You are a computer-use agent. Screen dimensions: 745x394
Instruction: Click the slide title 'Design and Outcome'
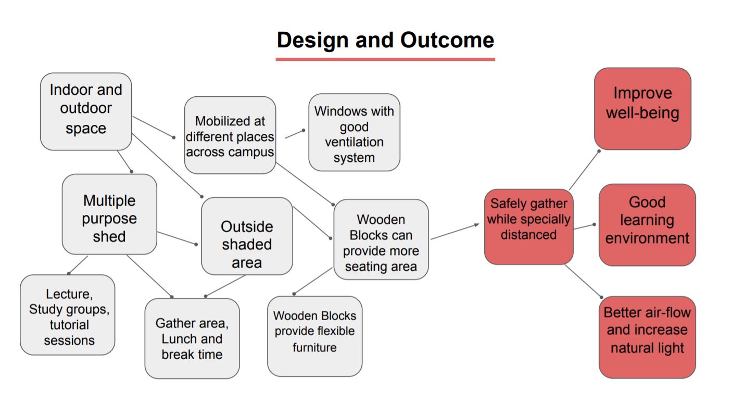pyautogui.click(x=385, y=40)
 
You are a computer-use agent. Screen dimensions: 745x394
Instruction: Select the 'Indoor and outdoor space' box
pyautogui.click(x=86, y=111)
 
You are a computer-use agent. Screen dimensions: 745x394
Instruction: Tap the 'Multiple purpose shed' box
pyautogui.click(x=109, y=214)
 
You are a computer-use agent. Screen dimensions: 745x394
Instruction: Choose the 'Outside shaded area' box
pyautogui.click(x=247, y=236)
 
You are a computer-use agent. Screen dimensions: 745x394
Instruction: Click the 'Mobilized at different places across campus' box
pyautogui.click(x=230, y=135)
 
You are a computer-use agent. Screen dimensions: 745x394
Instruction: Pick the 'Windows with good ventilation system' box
pyautogui.click(x=354, y=132)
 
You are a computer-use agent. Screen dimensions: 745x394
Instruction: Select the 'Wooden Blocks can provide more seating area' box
pyautogui.click(x=381, y=239)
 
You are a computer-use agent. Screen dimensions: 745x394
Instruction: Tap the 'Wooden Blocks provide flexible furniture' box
pyautogui.click(x=314, y=336)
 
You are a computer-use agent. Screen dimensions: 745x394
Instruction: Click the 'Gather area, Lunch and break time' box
pyautogui.click(x=192, y=338)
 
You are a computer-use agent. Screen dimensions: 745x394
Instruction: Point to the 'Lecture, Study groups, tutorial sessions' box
pyautogui.click(x=68, y=315)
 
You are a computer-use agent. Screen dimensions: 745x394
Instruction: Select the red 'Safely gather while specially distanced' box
pyautogui.click(x=529, y=227)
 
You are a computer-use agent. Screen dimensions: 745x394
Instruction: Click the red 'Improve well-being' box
pyautogui.click(x=642, y=109)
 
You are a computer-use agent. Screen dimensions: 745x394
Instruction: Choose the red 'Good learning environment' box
pyautogui.click(x=647, y=225)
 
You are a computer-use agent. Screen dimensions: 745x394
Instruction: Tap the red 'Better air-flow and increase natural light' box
pyautogui.click(x=647, y=337)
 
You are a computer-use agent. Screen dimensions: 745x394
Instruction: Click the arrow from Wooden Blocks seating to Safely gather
pyautogui.click(x=455, y=232)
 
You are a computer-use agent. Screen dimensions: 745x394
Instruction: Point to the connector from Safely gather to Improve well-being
pyautogui.click(x=584, y=170)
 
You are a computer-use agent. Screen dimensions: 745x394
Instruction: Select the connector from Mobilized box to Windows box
pyautogui.click(x=295, y=134)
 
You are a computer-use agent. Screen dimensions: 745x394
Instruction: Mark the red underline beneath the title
pyautogui.click(x=385, y=59)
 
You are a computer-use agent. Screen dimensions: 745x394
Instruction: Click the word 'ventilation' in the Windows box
pyautogui.click(x=354, y=142)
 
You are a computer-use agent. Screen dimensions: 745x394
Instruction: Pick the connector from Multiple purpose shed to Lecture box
pyautogui.click(x=78, y=265)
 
